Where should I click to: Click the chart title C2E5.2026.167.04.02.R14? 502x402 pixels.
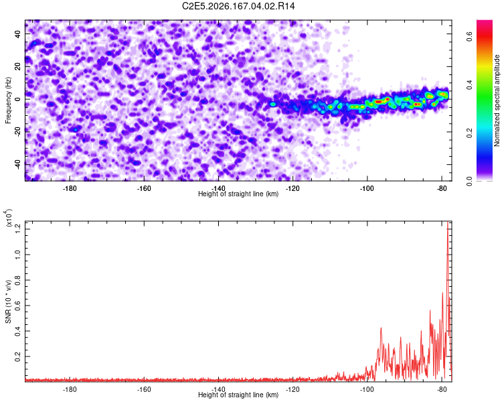tap(238, 6)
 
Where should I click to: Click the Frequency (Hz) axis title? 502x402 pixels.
tap(8, 100)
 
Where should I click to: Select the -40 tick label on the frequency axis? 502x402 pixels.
tap(18, 164)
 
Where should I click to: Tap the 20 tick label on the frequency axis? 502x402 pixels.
tap(18, 66)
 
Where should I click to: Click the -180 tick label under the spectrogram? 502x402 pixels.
tap(70, 188)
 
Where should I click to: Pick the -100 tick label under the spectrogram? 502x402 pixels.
tap(367, 188)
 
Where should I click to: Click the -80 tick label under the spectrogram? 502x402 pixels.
tap(442, 188)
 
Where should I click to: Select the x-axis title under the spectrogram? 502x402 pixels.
tap(238, 194)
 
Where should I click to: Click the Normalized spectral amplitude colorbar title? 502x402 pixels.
tap(497, 100)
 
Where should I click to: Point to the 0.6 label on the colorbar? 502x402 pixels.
tap(470, 37)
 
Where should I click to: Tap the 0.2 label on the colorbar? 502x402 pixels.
tap(470, 133)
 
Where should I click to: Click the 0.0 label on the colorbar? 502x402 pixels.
tap(470, 181)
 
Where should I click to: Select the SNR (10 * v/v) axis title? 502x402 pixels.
tap(8, 301)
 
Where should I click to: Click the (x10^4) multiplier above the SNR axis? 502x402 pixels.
tap(9, 218)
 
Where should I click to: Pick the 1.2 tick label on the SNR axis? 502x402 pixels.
tap(18, 229)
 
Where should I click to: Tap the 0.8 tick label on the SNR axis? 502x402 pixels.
tap(18, 280)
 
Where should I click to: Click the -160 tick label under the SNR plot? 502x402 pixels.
tap(144, 389)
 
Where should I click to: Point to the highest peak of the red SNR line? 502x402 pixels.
tap(448, 222)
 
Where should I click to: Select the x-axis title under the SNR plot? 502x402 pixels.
tap(238, 395)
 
